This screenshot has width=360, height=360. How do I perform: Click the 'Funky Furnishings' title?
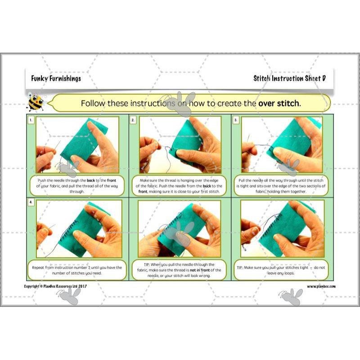[56, 78]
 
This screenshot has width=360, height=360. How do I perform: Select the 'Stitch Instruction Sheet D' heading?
[289, 78]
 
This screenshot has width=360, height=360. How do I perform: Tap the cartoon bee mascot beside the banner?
[36, 102]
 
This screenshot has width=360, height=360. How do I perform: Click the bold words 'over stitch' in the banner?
[279, 103]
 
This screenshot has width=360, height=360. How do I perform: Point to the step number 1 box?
[31, 120]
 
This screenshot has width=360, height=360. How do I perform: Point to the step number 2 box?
[133, 120]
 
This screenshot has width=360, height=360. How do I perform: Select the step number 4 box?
[31, 202]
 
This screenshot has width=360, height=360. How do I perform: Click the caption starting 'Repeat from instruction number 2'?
[77, 270]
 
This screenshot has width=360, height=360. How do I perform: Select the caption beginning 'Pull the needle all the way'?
[281, 185]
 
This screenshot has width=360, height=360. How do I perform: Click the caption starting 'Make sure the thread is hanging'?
[180, 185]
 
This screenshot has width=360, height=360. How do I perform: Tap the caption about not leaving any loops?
[281, 270]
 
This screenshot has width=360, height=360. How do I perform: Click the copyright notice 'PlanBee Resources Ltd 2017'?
[57, 286]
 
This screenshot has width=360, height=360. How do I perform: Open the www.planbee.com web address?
[321, 286]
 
